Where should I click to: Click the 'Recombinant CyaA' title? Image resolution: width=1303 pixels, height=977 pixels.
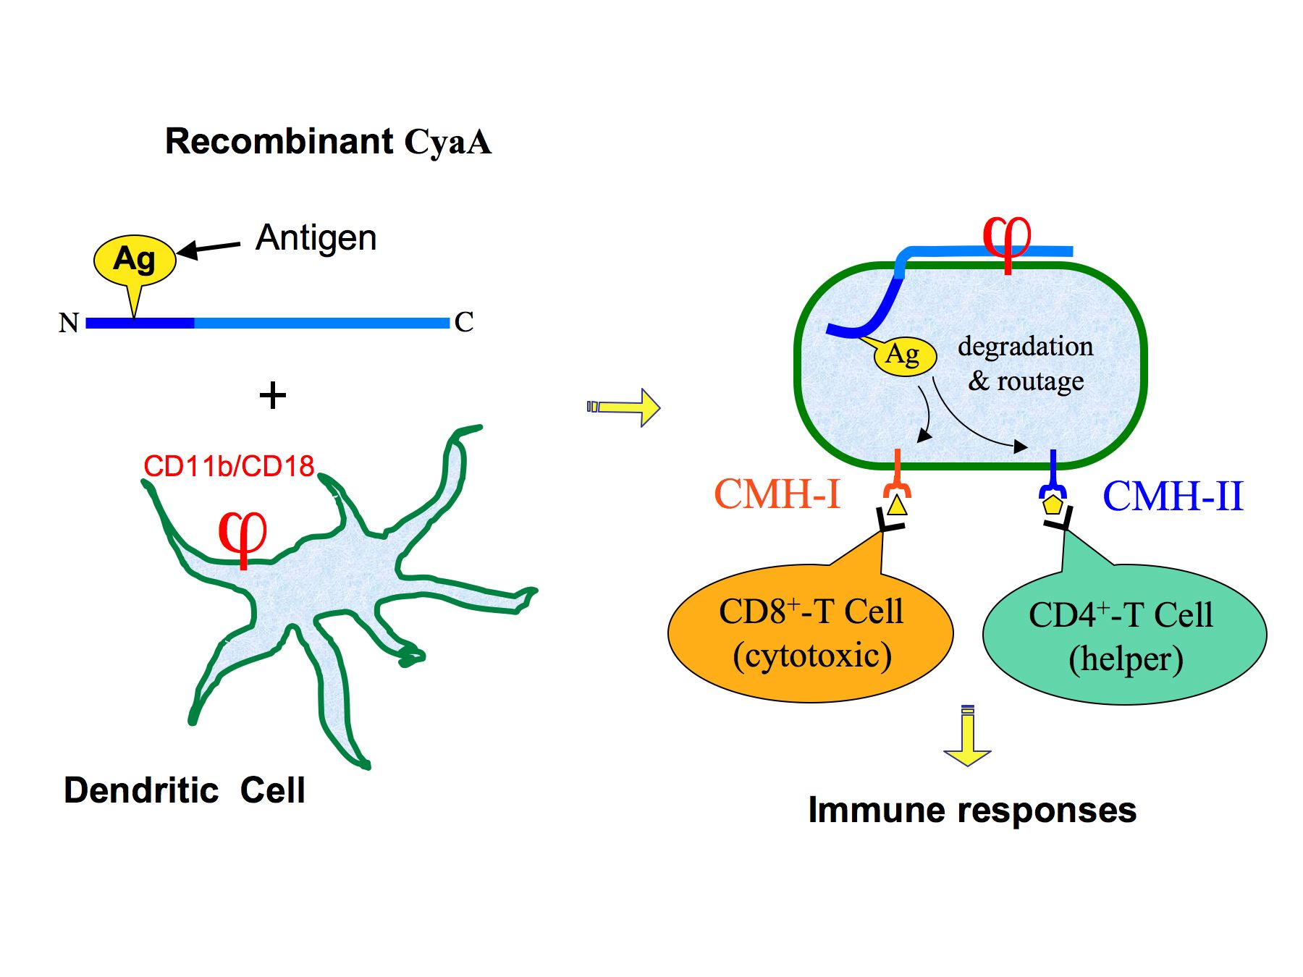[328, 141]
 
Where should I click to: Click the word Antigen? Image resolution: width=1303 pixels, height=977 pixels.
[316, 238]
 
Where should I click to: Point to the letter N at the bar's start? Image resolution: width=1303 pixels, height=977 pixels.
[69, 323]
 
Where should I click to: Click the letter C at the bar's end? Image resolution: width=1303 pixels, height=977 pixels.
[464, 322]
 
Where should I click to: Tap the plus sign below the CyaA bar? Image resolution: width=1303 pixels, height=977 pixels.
[272, 396]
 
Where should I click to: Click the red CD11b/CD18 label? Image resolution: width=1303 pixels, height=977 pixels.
[229, 467]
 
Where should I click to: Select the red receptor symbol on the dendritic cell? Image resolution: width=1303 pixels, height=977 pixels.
[243, 536]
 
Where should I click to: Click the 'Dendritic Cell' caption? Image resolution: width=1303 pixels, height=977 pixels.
[185, 790]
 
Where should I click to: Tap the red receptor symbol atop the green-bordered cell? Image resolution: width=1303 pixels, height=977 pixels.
[1007, 239]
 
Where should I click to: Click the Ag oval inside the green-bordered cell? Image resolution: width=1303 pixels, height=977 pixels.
[904, 355]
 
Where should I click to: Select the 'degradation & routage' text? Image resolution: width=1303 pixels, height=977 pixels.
[1026, 363]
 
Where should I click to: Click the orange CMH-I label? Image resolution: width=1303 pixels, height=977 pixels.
[777, 494]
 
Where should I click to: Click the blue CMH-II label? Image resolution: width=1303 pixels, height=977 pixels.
[1173, 496]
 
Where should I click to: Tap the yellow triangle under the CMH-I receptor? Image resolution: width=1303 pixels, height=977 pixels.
[897, 504]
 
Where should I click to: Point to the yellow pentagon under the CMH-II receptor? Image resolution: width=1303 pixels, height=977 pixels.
[1053, 504]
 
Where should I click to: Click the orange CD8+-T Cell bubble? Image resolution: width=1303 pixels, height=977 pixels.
[810, 634]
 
